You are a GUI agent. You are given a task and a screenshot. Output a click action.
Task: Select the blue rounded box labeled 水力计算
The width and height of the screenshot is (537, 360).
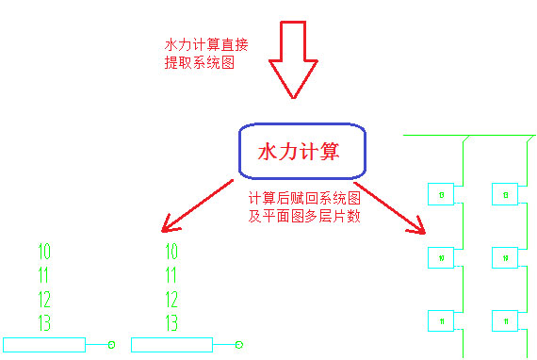[x=300, y=151]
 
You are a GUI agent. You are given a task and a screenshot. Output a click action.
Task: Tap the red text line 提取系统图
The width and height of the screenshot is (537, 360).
[x=199, y=63]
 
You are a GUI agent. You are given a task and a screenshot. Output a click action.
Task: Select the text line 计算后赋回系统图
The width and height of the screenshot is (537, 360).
[x=303, y=199]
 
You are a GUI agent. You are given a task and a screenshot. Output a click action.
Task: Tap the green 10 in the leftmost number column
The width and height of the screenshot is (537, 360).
[x=44, y=252]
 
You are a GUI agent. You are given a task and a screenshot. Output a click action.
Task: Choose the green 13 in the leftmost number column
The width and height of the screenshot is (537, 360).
[x=44, y=324]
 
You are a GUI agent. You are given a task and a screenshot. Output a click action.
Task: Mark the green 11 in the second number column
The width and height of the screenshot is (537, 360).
[x=171, y=276]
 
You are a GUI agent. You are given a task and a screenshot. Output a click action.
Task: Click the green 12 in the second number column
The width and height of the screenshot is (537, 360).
[x=171, y=301]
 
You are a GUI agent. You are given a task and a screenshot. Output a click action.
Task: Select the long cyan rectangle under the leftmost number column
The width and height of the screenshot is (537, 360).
[x=44, y=345]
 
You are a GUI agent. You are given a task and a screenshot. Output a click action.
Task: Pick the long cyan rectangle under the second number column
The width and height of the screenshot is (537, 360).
[x=171, y=345]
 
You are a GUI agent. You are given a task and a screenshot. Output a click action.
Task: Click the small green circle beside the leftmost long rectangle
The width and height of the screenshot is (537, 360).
[x=111, y=345]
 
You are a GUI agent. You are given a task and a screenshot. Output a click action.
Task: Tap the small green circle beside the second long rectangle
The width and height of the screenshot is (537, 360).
[x=239, y=345]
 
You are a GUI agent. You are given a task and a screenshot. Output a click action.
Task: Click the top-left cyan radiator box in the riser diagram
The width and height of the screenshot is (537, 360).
[x=441, y=194]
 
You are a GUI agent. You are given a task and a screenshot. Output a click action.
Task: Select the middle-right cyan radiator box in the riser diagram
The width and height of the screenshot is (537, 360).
[x=505, y=257]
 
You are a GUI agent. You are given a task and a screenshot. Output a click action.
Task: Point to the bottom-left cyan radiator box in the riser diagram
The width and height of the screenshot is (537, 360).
[x=441, y=321]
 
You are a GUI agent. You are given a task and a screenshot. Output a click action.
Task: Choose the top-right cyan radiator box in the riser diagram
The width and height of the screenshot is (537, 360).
[x=505, y=194]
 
